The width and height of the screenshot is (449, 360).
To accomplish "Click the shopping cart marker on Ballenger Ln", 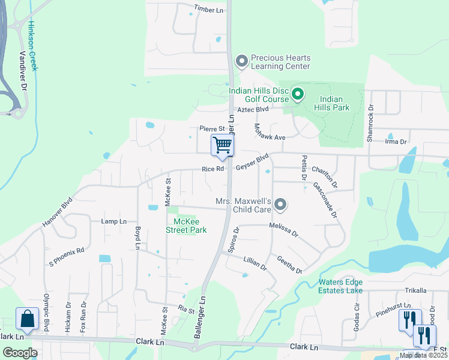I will click(222, 145).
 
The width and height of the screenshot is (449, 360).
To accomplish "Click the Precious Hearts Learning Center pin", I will click(242, 61).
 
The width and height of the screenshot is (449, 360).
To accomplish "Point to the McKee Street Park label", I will click(186, 226).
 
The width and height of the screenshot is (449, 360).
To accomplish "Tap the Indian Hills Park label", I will click(331, 104).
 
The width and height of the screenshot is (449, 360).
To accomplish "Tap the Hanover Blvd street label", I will click(57, 212).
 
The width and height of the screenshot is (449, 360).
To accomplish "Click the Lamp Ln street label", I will click(114, 221).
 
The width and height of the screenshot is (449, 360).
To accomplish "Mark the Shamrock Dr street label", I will click(370, 124).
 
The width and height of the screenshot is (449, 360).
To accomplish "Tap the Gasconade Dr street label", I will click(325, 200).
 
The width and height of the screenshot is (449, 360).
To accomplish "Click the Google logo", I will click(20, 353).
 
